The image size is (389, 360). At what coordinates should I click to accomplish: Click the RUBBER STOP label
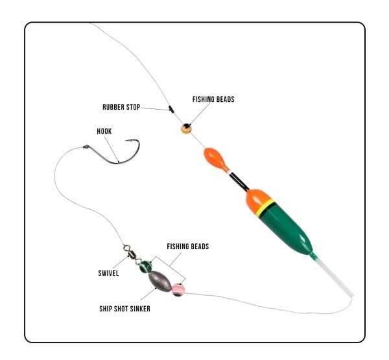click(121, 107)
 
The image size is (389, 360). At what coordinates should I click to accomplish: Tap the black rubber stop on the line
click(171, 109)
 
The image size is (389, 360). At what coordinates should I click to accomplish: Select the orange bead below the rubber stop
click(186, 128)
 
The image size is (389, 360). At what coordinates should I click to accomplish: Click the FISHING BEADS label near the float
click(213, 99)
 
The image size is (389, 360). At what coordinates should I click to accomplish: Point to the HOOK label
click(104, 131)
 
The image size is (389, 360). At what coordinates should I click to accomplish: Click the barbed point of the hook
click(126, 141)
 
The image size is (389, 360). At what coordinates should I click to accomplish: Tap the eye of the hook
click(86, 147)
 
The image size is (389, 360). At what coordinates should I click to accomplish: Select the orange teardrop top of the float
click(215, 159)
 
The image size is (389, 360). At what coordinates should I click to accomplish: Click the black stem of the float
click(239, 182)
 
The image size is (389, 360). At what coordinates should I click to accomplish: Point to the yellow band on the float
click(265, 208)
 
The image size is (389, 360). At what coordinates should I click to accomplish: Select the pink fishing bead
click(178, 290)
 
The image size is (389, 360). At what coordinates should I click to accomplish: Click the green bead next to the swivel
click(146, 267)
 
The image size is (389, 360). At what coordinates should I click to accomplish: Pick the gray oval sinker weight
click(160, 281)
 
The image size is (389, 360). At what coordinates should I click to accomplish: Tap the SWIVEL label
click(108, 273)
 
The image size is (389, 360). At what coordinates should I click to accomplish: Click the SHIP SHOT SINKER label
click(124, 309)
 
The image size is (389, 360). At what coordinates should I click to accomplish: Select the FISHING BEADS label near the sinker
click(188, 246)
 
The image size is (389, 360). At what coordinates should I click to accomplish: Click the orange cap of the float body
click(258, 200)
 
